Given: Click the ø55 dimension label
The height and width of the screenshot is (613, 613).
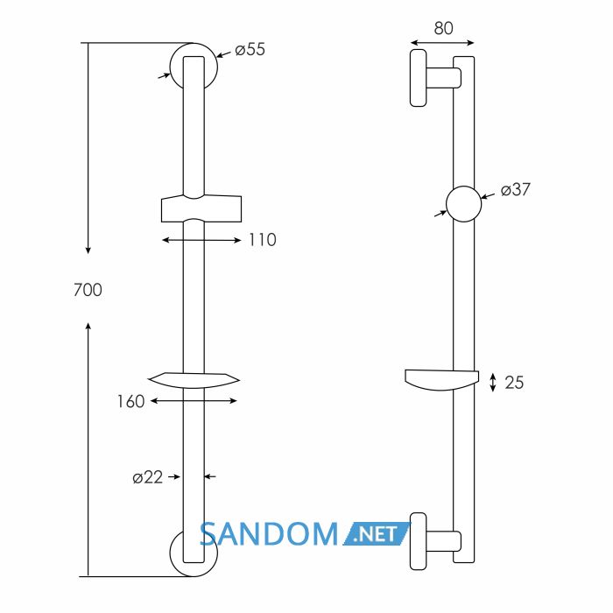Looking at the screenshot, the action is pyautogui.click(x=250, y=50).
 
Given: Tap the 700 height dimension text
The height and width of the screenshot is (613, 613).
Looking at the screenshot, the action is pyautogui.click(x=88, y=290).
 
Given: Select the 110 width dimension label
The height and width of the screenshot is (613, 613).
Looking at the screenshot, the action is pyautogui.click(x=263, y=240).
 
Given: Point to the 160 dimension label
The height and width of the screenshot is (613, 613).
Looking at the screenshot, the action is pyautogui.click(x=131, y=401).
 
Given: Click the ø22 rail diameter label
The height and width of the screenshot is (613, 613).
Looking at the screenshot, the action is pyautogui.click(x=147, y=477).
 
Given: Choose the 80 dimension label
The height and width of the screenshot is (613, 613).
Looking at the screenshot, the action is pyautogui.click(x=443, y=28).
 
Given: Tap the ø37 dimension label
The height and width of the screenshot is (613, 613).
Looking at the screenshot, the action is pyautogui.click(x=516, y=190).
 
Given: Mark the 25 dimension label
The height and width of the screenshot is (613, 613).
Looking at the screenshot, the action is pyautogui.click(x=514, y=383).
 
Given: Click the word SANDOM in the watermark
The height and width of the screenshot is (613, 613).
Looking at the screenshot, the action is pyautogui.click(x=269, y=534).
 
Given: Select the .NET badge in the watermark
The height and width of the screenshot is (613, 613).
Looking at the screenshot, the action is pyautogui.click(x=376, y=534).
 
